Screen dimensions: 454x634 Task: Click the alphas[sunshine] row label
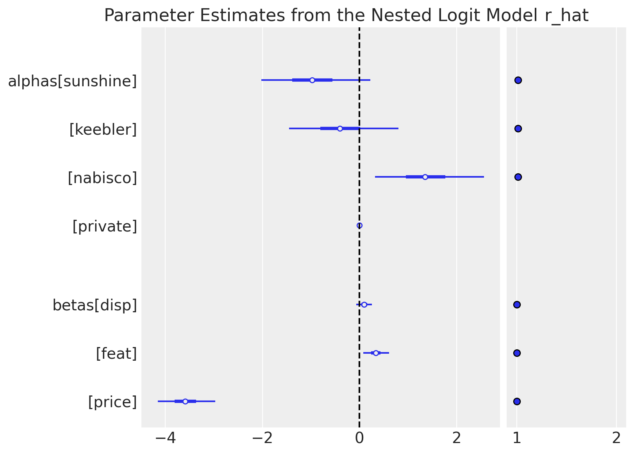[73, 81]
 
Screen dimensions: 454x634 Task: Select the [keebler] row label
[103, 130]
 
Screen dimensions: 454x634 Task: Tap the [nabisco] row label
[102, 178]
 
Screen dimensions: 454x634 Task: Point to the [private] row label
[105, 226]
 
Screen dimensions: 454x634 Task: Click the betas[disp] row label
[95, 306]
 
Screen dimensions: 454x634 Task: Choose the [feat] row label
[116, 354]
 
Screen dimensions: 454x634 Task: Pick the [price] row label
[113, 402]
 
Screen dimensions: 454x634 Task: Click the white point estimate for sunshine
[312, 80]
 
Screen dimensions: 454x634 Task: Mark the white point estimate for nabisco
[425, 177]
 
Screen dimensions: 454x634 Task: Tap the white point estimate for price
[185, 401]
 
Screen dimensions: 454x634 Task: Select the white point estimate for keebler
[340, 128]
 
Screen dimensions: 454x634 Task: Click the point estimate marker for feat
[376, 353]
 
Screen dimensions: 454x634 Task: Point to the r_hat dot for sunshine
[518, 80]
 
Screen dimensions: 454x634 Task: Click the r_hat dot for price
[517, 401]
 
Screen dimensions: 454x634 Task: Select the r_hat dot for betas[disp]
[517, 304]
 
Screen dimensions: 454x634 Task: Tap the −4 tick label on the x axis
[165, 439]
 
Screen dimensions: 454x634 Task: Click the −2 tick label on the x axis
[262, 439]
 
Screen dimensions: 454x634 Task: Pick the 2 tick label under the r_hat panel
[616, 439]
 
